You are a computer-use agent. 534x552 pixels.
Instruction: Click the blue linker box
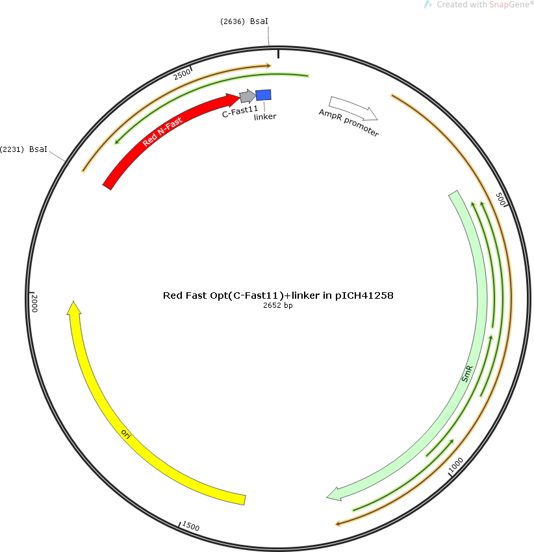pos(263,95)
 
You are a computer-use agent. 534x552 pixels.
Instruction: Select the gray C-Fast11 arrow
pos(248,95)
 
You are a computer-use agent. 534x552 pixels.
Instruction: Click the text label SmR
pos(467,374)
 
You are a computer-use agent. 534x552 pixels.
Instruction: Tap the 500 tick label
pos(500,199)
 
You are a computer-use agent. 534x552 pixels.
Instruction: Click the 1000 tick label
pos(455,466)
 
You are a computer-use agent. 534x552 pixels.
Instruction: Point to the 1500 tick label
pos(190,526)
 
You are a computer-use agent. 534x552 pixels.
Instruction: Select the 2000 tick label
pos(34,303)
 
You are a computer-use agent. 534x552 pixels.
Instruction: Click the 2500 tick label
pos(182,74)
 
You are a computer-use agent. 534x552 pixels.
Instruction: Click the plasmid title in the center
pos(278,295)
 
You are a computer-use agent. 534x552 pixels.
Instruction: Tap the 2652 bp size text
pos(278,305)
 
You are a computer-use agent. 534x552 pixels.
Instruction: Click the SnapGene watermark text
pos(485,5)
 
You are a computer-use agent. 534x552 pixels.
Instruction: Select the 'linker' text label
pos(265,116)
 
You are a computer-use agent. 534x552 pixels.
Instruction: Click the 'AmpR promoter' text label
pos(349,123)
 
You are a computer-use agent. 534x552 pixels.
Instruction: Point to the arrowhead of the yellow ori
pos(73,307)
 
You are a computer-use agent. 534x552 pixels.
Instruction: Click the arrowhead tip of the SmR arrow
pos(327,497)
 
